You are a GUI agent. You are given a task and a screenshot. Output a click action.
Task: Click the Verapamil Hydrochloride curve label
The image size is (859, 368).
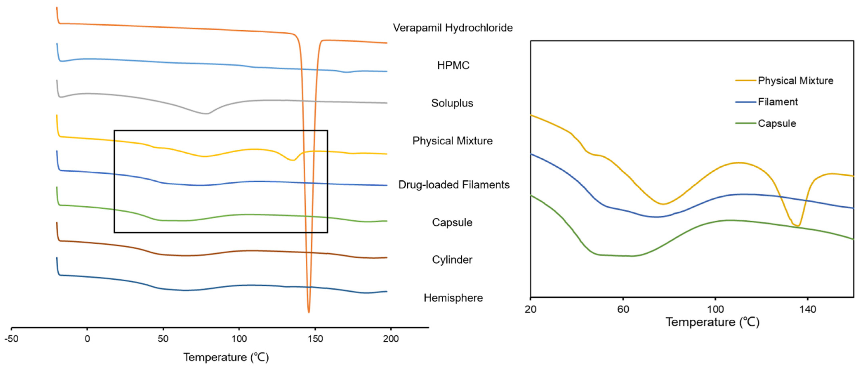pyautogui.click(x=453, y=28)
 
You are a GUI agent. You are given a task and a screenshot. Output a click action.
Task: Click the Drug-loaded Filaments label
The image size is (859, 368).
pyautogui.click(x=454, y=185)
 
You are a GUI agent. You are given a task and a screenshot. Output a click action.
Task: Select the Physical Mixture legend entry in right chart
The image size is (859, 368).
pyautogui.click(x=795, y=81)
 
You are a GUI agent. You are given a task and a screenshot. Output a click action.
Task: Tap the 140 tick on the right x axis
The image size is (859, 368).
pyautogui.click(x=808, y=309)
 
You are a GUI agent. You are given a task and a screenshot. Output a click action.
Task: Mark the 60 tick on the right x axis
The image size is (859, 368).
pyautogui.click(x=623, y=309)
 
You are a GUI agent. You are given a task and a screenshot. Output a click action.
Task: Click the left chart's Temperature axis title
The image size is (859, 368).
pyautogui.click(x=226, y=357)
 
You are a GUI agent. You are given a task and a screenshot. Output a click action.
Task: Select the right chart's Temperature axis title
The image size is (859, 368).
pyautogui.click(x=712, y=322)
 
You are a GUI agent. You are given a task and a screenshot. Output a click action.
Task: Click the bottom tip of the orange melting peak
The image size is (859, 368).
pyautogui.click(x=309, y=312)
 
